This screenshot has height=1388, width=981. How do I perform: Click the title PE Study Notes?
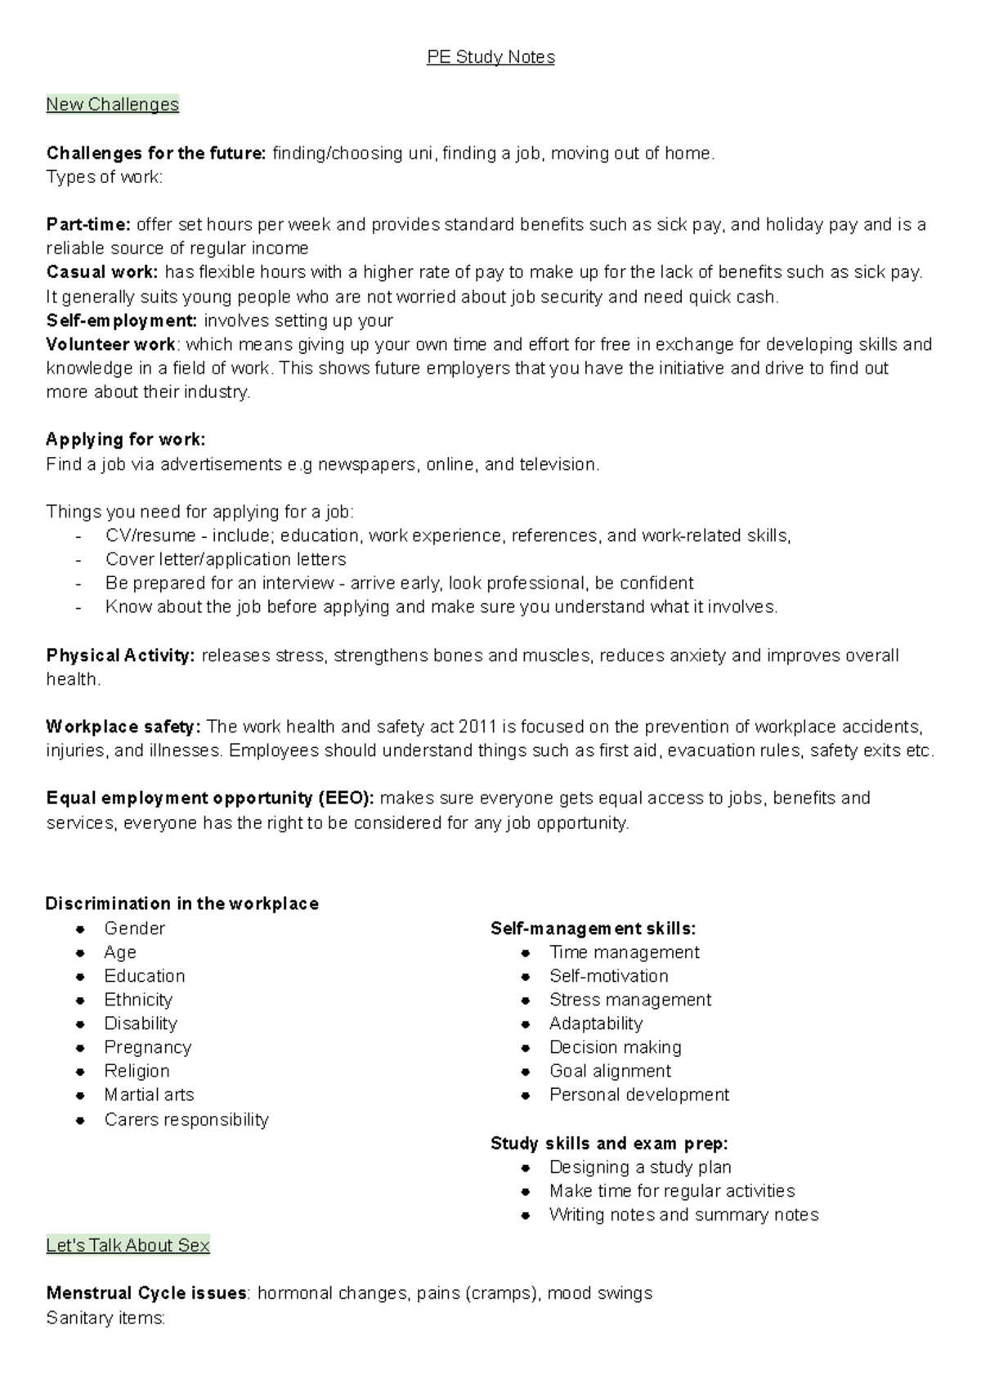(x=490, y=57)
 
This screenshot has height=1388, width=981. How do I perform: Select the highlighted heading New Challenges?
(x=112, y=105)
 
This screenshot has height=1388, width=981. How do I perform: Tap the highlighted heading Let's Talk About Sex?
(x=128, y=1246)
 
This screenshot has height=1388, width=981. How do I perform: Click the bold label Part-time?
(x=88, y=225)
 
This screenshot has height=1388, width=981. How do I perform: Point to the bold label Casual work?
(x=102, y=272)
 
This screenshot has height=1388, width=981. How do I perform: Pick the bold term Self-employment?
(x=122, y=320)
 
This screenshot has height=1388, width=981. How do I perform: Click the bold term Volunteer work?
(x=110, y=344)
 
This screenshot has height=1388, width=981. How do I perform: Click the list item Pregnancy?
(x=147, y=1047)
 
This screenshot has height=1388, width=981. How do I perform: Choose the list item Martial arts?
(x=149, y=1095)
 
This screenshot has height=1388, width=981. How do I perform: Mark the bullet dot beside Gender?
(x=80, y=929)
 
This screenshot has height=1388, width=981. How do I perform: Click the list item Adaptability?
(x=595, y=1023)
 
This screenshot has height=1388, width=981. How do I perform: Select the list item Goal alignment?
(x=610, y=1071)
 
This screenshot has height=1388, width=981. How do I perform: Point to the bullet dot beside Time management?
(x=526, y=952)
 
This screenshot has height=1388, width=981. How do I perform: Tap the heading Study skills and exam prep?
(x=609, y=1143)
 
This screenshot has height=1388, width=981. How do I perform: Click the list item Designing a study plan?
(x=640, y=1166)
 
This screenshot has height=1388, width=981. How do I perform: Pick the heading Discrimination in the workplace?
(x=182, y=903)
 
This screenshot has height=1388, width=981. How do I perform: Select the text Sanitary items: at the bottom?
(x=105, y=1318)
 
